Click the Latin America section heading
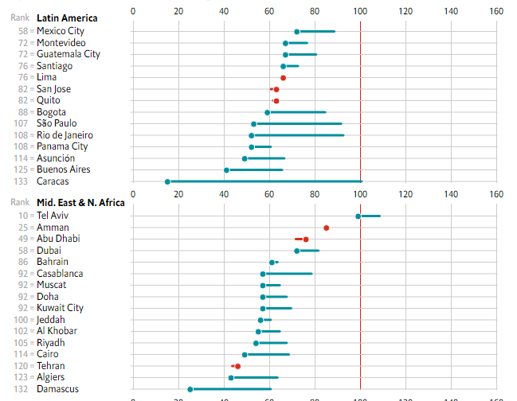[x=68, y=18]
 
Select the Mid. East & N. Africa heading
[x=80, y=203]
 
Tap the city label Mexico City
[x=61, y=31]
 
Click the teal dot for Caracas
[x=167, y=181]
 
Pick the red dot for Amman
[x=327, y=228]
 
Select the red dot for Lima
[x=283, y=77]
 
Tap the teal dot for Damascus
[x=190, y=389]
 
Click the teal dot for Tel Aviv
[x=358, y=216]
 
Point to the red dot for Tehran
[x=237, y=366]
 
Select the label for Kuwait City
[x=60, y=308]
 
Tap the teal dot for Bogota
[x=268, y=112]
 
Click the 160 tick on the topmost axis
[x=497, y=11]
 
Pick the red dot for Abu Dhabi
[x=306, y=239]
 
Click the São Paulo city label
[x=57, y=123]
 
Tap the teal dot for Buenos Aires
[x=226, y=169]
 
